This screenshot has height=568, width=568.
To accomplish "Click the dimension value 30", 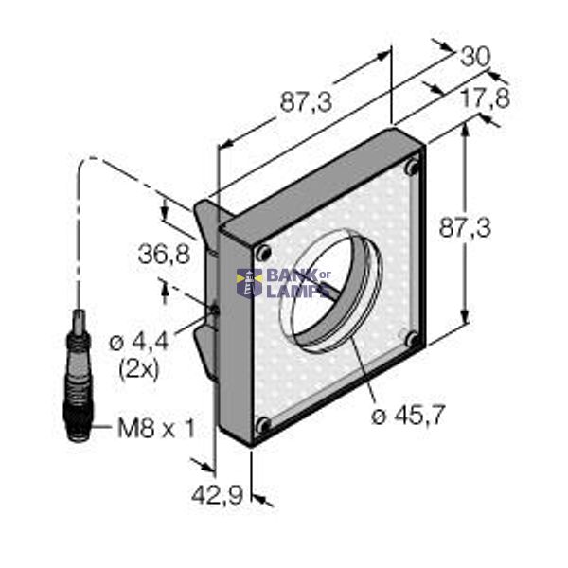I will point(476,57).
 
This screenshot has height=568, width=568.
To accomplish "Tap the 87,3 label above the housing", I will point(305,103).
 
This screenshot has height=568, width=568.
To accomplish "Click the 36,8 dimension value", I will point(164,254).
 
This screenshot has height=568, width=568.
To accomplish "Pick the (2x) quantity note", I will point(138,368).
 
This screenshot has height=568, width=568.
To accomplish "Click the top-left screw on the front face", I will point(263,253).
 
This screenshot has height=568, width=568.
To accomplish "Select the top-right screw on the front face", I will point(412,168).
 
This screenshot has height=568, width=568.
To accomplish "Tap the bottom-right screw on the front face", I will point(412,338).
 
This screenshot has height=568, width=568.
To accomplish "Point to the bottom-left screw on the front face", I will point(263,425).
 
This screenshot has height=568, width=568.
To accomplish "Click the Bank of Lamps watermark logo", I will point(284,282).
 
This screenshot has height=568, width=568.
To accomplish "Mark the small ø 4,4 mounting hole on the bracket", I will point(214,309).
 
